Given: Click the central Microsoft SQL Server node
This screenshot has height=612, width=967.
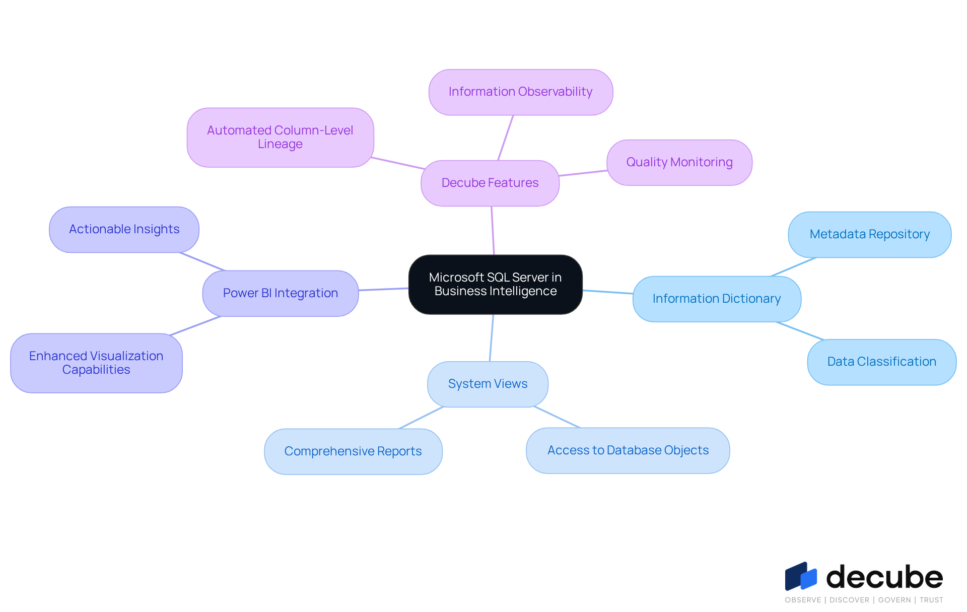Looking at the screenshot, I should pyautogui.click(x=495, y=285).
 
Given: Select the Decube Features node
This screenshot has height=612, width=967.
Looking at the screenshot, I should pyautogui.click(x=490, y=183).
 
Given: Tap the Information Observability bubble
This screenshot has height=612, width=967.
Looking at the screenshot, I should pyautogui.click(x=520, y=92).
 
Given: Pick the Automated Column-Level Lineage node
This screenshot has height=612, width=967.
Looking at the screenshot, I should pyautogui.click(x=280, y=137).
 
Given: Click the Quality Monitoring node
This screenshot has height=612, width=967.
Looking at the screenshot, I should pyautogui.click(x=679, y=162).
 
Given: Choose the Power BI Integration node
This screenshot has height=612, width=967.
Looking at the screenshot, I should pyautogui.click(x=280, y=293).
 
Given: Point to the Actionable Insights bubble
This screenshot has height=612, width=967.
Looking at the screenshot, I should pyautogui.click(x=124, y=229).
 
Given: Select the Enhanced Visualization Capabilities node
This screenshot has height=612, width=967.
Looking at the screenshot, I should pyautogui.click(x=96, y=363).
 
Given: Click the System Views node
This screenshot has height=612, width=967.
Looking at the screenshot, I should pyautogui.click(x=488, y=384).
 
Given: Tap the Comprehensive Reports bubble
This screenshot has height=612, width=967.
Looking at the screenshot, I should pyautogui.click(x=353, y=451).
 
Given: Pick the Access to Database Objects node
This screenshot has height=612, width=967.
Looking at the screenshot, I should pyautogui.click(x=628, y=450).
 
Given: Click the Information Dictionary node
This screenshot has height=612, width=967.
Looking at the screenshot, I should pyautogui.click(x=716, y=299).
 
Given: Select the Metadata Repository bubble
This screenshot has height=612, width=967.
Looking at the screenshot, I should pyautogui.click(x=869, y=234).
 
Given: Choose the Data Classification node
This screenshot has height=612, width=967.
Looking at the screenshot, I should pyautogui.click(x=881, y=362).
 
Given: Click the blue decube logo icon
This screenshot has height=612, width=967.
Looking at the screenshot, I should pyautogui.click(x=801, y=576).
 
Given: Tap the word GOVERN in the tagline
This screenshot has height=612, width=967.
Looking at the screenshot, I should pyautogui.click(x=894, y=600).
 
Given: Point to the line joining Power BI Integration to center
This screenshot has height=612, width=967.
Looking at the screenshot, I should pyautogui.click(x=383, y=289).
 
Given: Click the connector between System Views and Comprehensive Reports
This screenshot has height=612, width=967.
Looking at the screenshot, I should pyautogui.click(x=421, y=418).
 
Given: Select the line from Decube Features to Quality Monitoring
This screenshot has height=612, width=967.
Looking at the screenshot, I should pyautogui.click(x=583, y=173).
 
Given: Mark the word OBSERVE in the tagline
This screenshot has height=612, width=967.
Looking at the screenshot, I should pyautogui.click(x=803, y=600).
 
